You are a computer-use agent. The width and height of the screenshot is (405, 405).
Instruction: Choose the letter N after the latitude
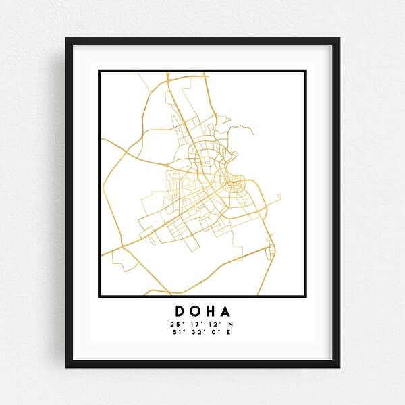click(x=230, y=325)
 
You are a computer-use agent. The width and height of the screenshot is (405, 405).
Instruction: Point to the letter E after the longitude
click(x=228, y=333)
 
